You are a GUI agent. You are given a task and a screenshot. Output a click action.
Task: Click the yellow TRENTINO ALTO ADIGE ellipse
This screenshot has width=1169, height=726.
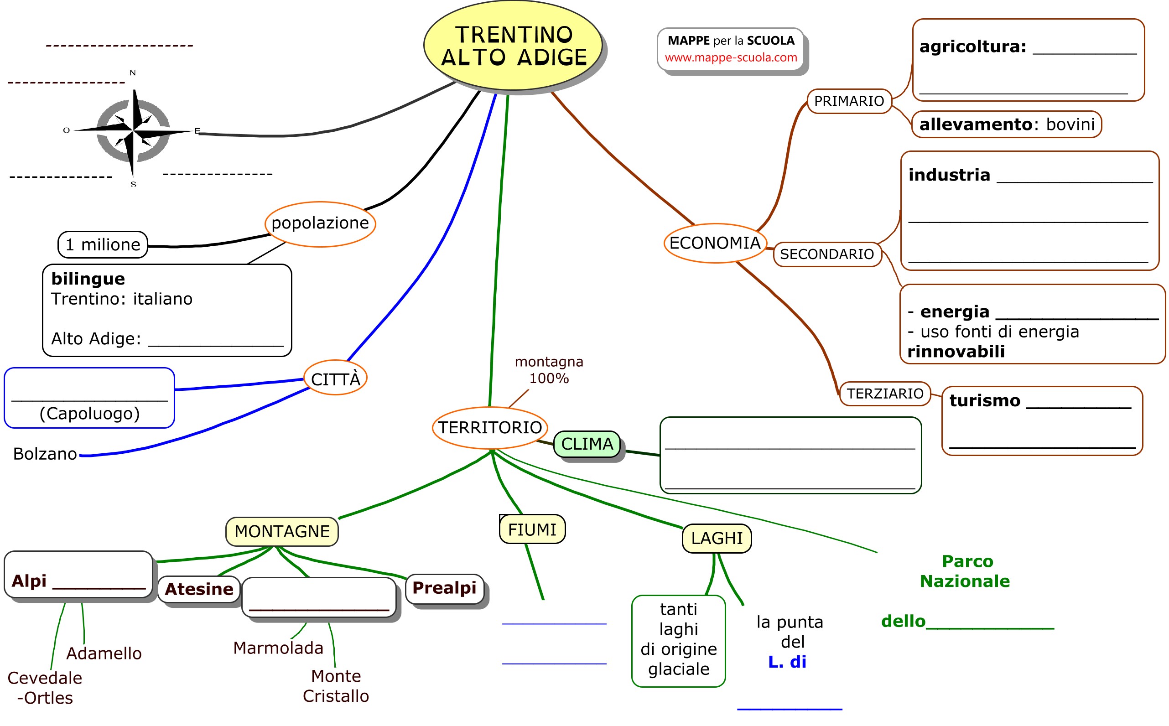(x=513, y=45)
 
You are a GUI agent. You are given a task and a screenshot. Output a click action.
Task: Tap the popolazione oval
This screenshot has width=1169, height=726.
(x=320, y=224)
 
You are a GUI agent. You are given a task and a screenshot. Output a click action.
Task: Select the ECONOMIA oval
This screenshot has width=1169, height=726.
(x=715, y=243)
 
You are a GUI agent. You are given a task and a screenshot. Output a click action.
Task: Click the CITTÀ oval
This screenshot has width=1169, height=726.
(x=336, y=379)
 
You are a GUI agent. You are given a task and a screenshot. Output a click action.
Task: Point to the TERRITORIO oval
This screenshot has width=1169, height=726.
(x=490, y=427)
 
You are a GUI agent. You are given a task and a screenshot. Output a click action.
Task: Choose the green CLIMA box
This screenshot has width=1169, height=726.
(x=587, y=444)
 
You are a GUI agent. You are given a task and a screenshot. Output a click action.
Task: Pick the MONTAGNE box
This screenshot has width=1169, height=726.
(x=282, y=532)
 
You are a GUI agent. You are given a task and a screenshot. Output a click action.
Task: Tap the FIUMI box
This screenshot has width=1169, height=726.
(x=532, y=529)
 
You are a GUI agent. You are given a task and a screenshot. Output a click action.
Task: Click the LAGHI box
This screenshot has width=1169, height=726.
(x=716, y=538)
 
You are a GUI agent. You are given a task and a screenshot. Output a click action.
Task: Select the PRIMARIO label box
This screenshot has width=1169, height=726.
(x=849, y=101)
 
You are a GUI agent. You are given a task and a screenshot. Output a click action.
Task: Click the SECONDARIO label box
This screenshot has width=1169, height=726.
(x=827, y=254)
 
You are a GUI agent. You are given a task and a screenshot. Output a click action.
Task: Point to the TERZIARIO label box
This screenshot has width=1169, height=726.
(x=885, y=394)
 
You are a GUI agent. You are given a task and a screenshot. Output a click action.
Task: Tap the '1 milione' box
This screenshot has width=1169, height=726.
(x=103, y=245)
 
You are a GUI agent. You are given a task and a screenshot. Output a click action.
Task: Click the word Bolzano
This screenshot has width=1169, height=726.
(x=45, y=454)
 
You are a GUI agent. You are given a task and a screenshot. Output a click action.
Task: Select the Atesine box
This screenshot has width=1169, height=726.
(x=199, y=589)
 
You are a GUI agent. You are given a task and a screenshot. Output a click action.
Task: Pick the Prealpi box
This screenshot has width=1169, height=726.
(x=444, y=588)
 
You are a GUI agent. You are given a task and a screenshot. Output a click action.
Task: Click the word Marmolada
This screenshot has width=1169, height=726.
(x=278, y=648)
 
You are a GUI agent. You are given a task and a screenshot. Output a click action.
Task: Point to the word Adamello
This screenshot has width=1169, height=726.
(x=104, y=653)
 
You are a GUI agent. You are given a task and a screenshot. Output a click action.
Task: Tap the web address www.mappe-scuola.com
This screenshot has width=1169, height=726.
(x=731, y=57)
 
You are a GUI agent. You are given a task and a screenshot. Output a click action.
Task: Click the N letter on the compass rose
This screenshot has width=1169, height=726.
(x=133, y=73)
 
